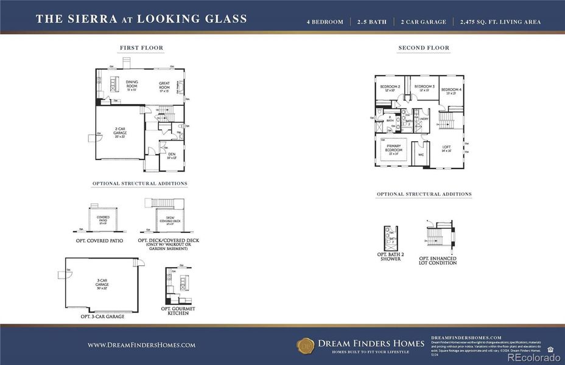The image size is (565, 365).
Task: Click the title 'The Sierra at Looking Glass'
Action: (x=141, y=19)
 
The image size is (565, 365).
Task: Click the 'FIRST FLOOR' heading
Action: (x=141, y=47)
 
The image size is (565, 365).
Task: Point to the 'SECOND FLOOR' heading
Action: (x=424, y=47)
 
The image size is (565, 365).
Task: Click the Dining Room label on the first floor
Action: (x=132, y=84)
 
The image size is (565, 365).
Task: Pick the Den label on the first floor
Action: (x=172, y=156)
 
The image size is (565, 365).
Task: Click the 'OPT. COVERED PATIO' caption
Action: (x=100, y=241)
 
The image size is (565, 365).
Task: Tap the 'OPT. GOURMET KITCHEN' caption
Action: (x=178, y=310)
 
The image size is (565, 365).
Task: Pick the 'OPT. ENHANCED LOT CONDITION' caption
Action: (x=438, y=260)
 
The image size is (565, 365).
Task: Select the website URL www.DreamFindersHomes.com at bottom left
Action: (x=141, y=345)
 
